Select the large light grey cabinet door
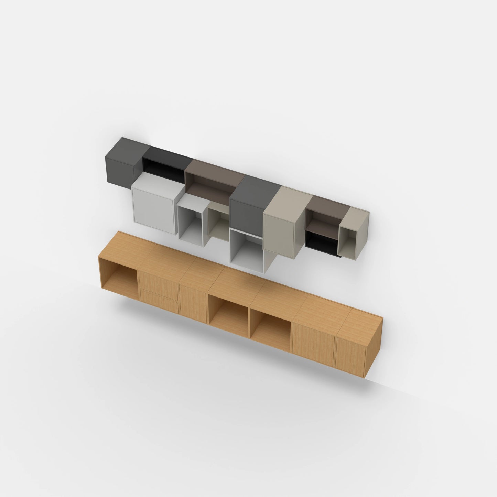pyautogui.click(x=152, y=208)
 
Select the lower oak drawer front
pyautogui.click(x=159, y=301)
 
